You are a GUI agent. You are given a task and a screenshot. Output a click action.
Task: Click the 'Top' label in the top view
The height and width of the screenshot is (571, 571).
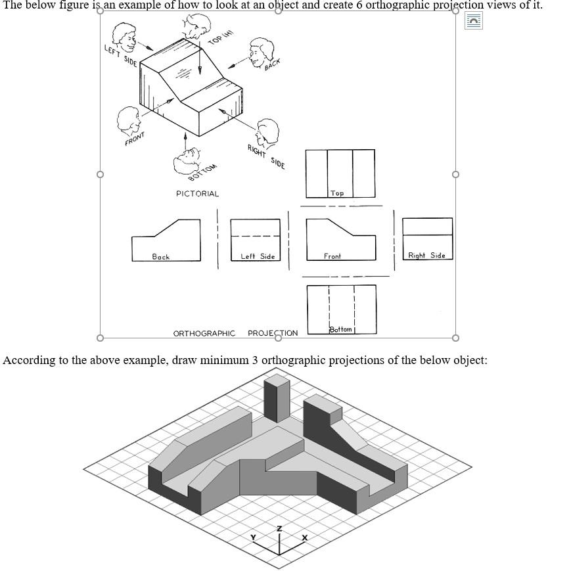pyautogui.click(x=337, y=193)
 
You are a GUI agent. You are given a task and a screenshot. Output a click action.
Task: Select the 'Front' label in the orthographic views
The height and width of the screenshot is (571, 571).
pyautogui.click(x=332, y=256)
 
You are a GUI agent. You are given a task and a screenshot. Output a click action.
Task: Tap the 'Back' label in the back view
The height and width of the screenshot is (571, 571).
pyautogui.click(x=161, y=257)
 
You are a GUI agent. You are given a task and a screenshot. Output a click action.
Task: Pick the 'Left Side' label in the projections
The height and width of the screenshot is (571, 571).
pyautogui.click(x=258, y=256)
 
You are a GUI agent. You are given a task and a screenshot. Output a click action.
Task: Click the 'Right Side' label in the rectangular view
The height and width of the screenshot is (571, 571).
pyautogui.click(x=426, y=255)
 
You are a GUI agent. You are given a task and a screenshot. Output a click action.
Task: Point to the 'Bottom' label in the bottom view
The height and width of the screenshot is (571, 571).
pyautogui.click(x=341, y=329)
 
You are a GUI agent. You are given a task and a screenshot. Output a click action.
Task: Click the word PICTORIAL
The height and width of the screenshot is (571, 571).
pyautogui.click(x=197, y=194)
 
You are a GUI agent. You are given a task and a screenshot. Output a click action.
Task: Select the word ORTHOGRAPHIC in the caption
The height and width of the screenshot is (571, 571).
pyautogui.click(x=204, y=333)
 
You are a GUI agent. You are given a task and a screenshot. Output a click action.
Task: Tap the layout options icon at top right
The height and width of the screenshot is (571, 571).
pyautogui.click(x=473, y=21)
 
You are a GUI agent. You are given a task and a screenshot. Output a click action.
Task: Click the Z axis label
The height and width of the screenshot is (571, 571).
pyautogui.click(x=279, y=528)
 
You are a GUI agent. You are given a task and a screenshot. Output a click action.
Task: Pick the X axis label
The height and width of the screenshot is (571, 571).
pyautogui.click(x=304, y=537)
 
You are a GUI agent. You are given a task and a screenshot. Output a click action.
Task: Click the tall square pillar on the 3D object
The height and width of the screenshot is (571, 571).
pyautogui.click(x=276, y=398)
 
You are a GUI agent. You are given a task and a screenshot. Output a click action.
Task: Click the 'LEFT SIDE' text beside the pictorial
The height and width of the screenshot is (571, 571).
pyautogui.click(x=121, y=56)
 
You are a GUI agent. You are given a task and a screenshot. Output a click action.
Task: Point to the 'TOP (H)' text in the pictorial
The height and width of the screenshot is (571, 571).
pyautogui.click(x=221, y=37)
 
